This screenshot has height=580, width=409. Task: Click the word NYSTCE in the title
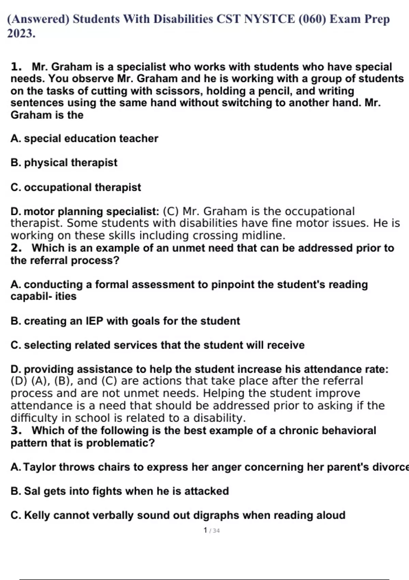click(270, 19)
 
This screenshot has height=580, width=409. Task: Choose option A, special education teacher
click(85, 139)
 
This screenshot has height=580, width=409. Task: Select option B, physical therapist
click(64, 163)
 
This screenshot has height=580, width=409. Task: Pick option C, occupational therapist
click(76, 187)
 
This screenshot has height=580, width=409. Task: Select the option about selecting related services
click(157, 345)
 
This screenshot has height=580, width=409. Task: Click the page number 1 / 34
click(211, 531)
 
